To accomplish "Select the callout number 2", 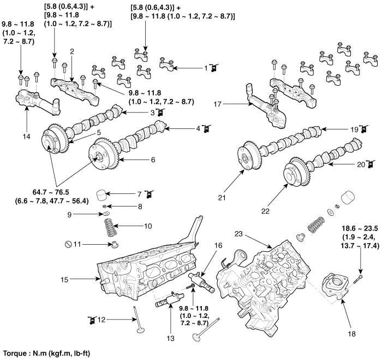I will click(x=71, y=51).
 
